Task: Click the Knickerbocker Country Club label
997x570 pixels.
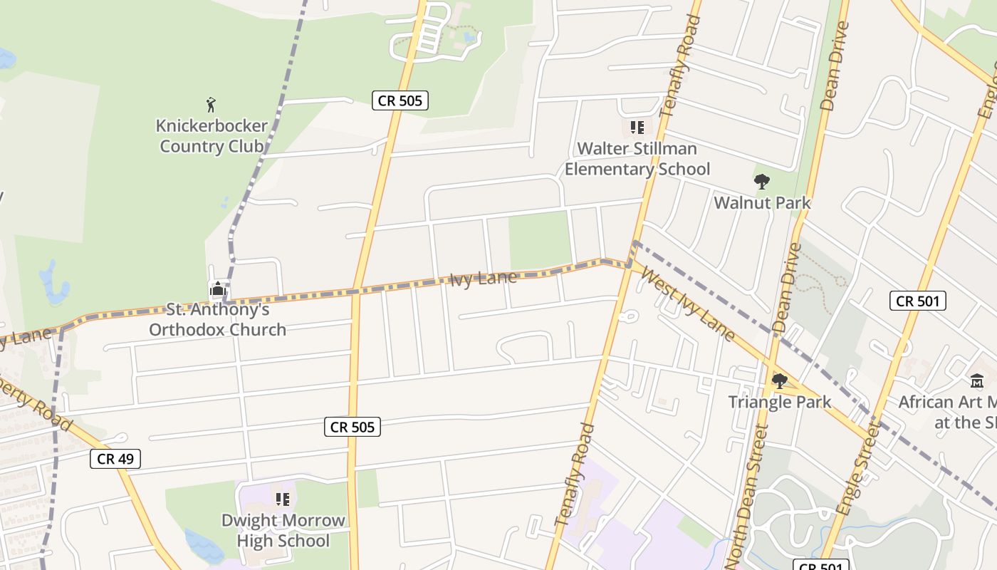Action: [212, 136]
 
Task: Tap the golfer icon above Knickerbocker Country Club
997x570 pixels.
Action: [211, 105]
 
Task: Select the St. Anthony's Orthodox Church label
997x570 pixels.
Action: [217, 319]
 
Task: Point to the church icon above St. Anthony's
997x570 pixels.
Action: [218, 289]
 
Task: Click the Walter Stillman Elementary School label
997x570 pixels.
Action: [637, 159]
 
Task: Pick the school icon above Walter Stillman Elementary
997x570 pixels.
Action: [637, 128]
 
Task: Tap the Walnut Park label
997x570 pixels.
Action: [762, 203]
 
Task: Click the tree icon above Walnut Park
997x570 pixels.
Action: [762, 182]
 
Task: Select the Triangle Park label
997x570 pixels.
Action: [779, 402]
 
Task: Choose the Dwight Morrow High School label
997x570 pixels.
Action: [283, 530]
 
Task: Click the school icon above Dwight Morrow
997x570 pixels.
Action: [283, 499]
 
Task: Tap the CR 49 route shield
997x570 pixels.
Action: [115, 458]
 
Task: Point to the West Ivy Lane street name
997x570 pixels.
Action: [688, 304]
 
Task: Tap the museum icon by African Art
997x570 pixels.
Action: [977, 381]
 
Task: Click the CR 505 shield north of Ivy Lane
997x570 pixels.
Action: [400, 100]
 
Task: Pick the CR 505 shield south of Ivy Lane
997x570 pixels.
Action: [353, 427]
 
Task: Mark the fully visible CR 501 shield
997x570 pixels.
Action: [918, 301]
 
